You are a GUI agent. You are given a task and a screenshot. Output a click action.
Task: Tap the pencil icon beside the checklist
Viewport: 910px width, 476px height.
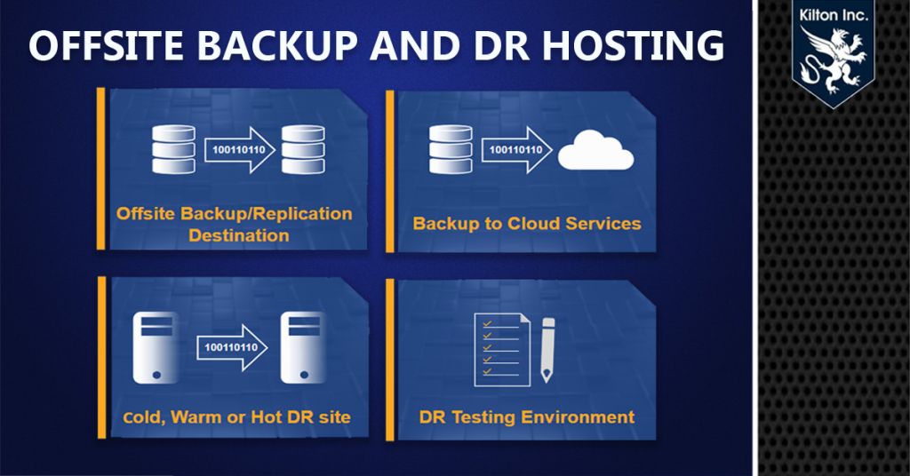tap(547, 350)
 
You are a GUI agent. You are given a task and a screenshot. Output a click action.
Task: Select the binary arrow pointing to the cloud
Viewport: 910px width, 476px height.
tap(516, 150)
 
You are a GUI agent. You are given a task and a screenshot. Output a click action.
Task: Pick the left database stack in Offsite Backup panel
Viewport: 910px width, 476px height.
tap(172, 150)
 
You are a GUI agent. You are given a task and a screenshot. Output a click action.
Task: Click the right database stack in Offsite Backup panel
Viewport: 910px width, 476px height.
tap(303, 150)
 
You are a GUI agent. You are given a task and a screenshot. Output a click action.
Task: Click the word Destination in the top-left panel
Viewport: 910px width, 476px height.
tap(238, 235)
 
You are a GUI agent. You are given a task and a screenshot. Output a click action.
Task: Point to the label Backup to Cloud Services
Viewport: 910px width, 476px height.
tap(526, 223)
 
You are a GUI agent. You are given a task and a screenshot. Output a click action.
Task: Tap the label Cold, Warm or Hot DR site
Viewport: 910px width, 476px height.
tap(236, 417)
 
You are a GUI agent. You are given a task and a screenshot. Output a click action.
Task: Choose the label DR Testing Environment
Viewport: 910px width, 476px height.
tap(526, 416)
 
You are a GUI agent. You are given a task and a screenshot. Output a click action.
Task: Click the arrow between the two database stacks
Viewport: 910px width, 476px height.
tap(238, 150)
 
